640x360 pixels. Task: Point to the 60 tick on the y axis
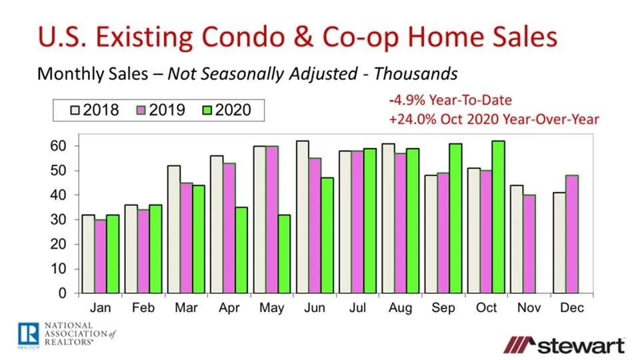[x=61, y=146]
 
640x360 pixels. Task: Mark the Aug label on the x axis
[x=401, y=308]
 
